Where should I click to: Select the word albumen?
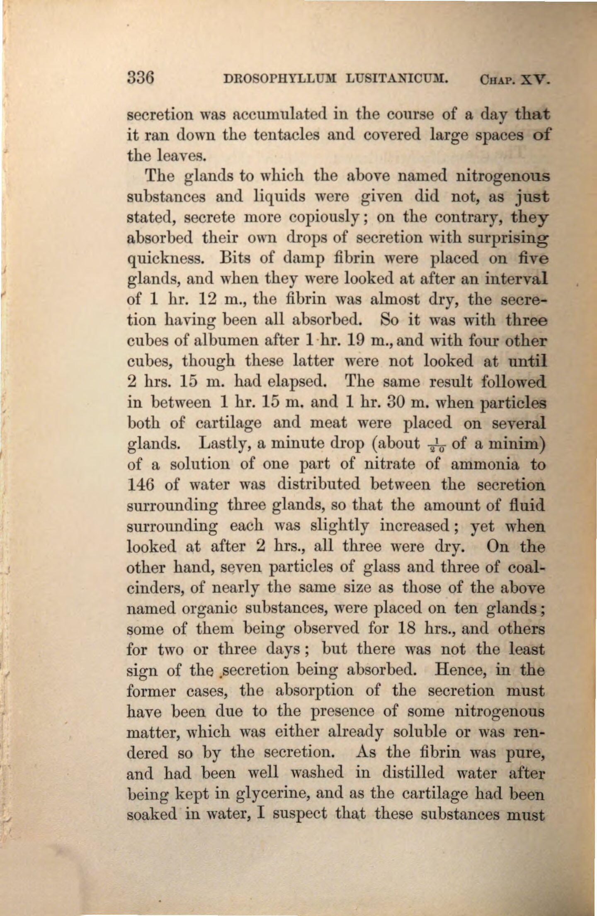pos(230,341)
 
